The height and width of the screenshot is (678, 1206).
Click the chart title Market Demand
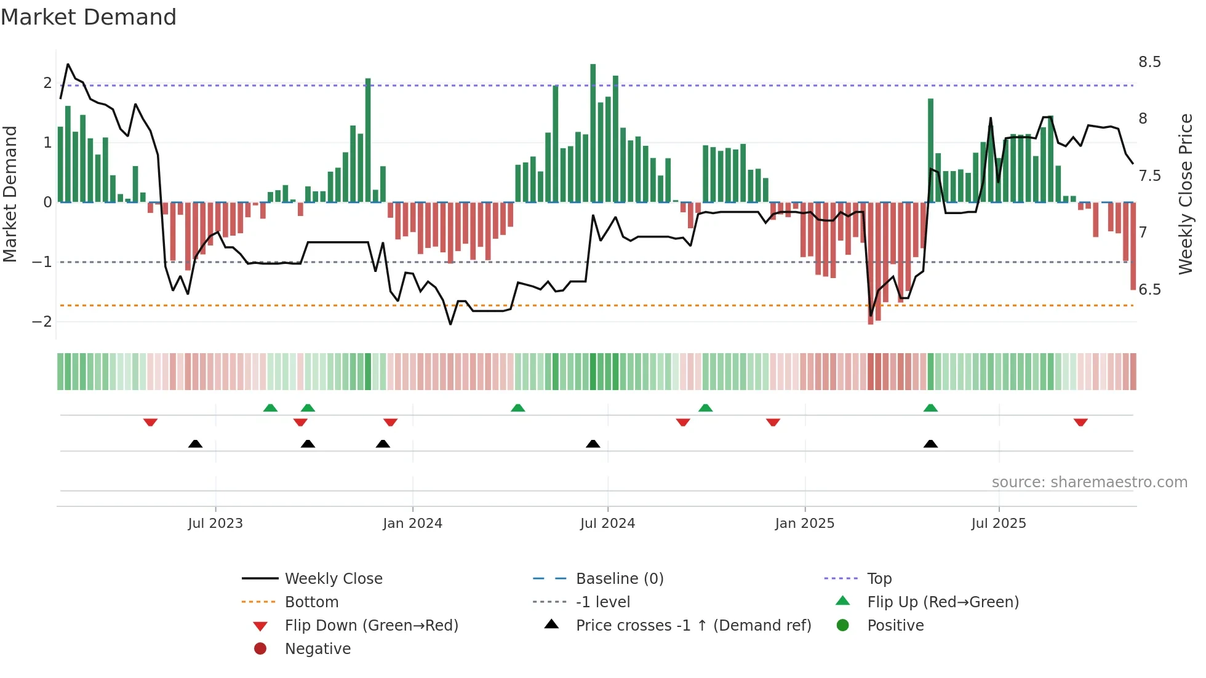click(89, 17)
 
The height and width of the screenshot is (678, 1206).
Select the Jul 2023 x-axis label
click(215, 524)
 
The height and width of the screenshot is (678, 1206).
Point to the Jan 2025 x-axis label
click(804, 524)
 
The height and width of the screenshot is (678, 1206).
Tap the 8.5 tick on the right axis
click(1149, 62)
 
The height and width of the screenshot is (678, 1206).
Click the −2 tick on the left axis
click(42, 322)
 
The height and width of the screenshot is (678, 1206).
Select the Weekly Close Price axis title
click(1185, 194)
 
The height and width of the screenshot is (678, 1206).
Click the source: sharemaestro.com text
click(1089, 482)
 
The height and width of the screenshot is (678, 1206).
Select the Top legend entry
click(879, 579)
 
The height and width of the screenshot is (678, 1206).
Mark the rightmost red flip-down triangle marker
click(1080, 422)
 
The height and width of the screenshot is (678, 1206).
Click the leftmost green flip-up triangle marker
click(270, 408)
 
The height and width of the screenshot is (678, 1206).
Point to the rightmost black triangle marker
click(930, 444)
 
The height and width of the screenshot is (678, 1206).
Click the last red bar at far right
click(1133, 246)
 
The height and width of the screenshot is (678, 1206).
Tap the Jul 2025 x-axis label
click(999, 524)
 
